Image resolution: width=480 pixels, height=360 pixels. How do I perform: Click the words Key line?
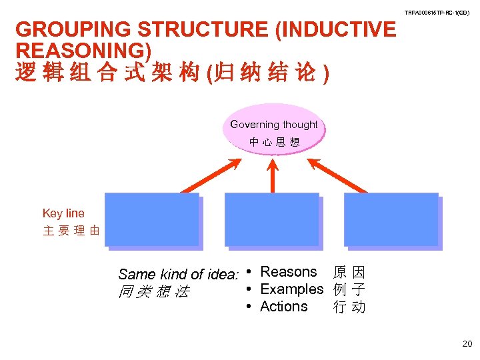[63, 213]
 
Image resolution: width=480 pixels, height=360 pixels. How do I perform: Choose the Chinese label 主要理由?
[71, 231]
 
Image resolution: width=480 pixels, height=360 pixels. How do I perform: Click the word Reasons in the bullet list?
[289, 272]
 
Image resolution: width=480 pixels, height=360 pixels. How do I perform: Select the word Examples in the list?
[291, 289]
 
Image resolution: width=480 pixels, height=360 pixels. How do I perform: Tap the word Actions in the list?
[284, 307]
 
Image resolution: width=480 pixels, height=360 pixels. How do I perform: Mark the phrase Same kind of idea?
[178, 274]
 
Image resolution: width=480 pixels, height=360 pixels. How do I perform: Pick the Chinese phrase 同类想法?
[153, 291]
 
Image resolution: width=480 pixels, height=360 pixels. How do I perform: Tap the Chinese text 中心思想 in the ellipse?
[274, 141]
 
